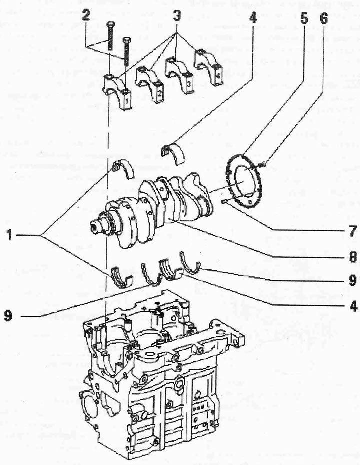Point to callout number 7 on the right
(x=352, y=231)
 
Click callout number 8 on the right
(x=352, y=257)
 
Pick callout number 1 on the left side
(x=10, y=236)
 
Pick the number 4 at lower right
(x=353, y=306)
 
